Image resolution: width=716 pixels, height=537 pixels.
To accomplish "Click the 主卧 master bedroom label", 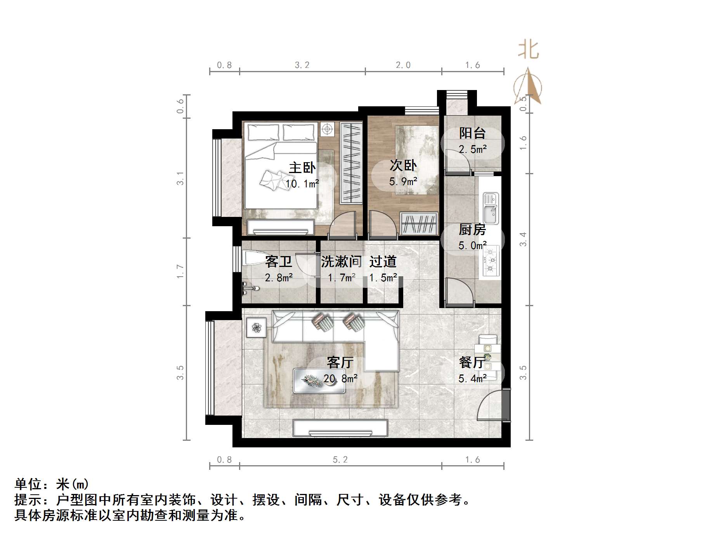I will pos(302,168).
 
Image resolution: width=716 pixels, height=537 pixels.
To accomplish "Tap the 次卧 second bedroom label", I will pos(403,165).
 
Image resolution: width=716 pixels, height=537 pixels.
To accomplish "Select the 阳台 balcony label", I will pos(472,133).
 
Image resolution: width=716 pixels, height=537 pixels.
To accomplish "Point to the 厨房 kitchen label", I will pos(472,230).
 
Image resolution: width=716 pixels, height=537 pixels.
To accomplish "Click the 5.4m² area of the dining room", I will pos(472,378).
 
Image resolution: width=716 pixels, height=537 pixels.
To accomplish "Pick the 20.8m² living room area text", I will pos(340,378).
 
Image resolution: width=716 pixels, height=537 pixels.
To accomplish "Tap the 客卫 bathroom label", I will pos(278,262).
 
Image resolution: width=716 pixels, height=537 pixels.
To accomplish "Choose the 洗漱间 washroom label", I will pos(341,262).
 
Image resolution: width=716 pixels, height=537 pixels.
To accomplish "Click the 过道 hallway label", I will pos(383,262).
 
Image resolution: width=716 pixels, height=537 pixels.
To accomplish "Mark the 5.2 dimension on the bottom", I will pos(340,460).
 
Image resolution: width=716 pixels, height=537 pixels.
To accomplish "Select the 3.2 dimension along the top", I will pos(302,65).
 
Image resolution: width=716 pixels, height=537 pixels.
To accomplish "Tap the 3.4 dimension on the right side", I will pos(523,239).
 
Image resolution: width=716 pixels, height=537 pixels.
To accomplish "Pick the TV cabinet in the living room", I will pos(340,428).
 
